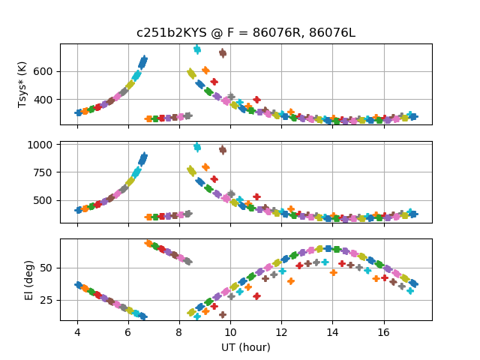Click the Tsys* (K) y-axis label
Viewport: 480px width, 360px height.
(x=22, y=84)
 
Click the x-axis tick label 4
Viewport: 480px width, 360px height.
(x=77, y=331)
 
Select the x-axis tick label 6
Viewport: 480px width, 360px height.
(x=128, y=331)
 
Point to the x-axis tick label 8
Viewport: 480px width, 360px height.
(x=179, y=331)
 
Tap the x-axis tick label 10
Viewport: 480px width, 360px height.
(x=230, y=331)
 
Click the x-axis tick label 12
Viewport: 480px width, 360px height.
(x=281, y=331)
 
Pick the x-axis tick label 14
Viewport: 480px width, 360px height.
(x=333, y=331)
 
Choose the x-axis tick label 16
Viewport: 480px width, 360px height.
(x=384, y=331)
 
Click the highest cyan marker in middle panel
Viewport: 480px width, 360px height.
(x=197, y=147)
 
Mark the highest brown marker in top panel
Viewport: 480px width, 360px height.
(x=223, y=53)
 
